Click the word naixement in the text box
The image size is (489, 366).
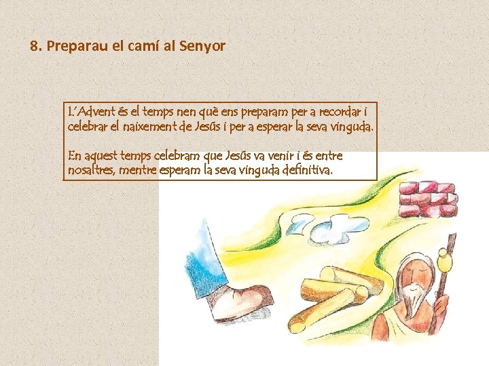click(x=149, y=127)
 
